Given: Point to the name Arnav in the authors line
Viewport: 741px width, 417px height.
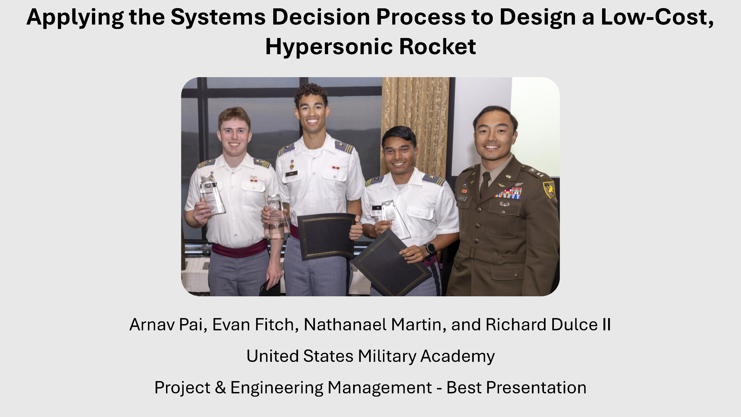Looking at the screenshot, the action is pos(152,325).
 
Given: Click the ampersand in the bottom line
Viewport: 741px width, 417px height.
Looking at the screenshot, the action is pos(220,387).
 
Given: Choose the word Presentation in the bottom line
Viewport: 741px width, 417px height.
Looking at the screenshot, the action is pos(536,387).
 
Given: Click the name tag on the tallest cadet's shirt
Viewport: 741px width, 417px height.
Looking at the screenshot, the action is pos(291,174).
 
